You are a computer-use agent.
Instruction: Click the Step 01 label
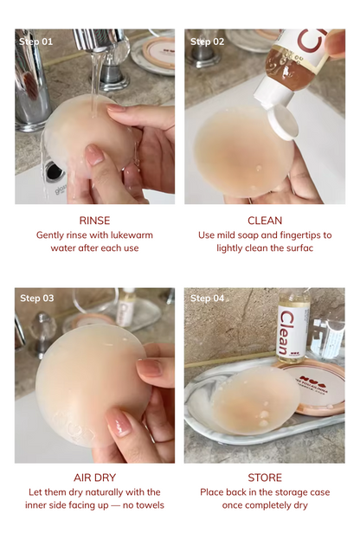pos(36,41)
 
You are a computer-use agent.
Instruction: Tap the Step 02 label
pos(207,41)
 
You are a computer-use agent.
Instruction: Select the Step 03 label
pos(37,298)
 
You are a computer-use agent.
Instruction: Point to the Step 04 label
pos(207,298)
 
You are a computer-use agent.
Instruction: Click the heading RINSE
pos(94,221)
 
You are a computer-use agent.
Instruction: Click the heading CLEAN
pos(265,221)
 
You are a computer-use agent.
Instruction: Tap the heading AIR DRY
pos(94,478)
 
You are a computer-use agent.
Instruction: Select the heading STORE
pos(265,478)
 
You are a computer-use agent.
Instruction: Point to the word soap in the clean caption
pos(257,234)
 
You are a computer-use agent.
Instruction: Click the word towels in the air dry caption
pos(148,504)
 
